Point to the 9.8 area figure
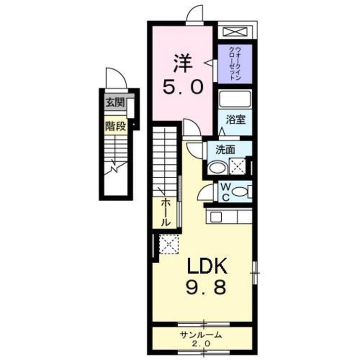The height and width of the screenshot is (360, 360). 206,289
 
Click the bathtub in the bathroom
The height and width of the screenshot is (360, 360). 235,100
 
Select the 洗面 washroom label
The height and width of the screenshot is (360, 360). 225,150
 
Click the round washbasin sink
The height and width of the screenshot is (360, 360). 217,167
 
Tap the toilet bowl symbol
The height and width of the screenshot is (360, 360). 241,192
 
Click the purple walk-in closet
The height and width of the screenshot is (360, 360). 235,63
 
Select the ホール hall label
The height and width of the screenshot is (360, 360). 166,212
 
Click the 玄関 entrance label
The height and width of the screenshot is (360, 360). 113,102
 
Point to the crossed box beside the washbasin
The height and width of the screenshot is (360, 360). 237,166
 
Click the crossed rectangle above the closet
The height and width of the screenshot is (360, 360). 235,31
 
